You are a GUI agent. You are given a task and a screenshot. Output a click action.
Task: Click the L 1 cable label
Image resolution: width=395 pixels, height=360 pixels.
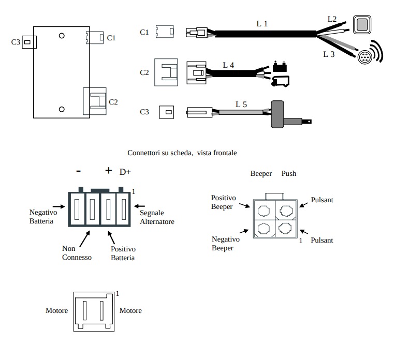262,23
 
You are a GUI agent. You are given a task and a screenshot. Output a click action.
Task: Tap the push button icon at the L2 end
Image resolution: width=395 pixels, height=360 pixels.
361,24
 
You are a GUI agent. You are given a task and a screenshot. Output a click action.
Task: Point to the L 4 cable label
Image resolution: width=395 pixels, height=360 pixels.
228,65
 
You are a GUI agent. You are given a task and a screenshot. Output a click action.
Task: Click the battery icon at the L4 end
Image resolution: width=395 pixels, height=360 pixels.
280,67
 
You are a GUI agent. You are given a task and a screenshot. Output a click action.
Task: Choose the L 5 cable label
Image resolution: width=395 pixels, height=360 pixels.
241,104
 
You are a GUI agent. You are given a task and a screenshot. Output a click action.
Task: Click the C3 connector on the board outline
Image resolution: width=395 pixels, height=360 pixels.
29,41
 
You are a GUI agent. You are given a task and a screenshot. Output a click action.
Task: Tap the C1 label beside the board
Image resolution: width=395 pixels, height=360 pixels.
111,38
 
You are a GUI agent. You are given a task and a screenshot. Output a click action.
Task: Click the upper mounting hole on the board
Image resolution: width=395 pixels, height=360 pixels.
62,36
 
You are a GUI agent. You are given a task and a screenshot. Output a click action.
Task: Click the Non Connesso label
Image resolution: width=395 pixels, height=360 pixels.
77,252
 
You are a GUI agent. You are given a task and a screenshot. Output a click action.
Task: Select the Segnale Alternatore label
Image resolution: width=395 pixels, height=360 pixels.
157,217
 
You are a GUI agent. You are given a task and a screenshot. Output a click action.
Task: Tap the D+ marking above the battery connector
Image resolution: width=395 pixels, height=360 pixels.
125,172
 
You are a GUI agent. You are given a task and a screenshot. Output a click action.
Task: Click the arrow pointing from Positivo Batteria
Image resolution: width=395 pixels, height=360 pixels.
111,237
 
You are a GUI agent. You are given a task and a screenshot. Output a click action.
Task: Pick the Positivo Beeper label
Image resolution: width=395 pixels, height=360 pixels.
224,203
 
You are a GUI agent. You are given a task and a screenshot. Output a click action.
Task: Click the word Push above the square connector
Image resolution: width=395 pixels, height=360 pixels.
289,173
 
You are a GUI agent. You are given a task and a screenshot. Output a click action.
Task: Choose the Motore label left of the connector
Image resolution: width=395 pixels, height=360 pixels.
57,310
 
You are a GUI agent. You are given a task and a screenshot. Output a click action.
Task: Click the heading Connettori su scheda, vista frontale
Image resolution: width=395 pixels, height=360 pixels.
182,153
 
